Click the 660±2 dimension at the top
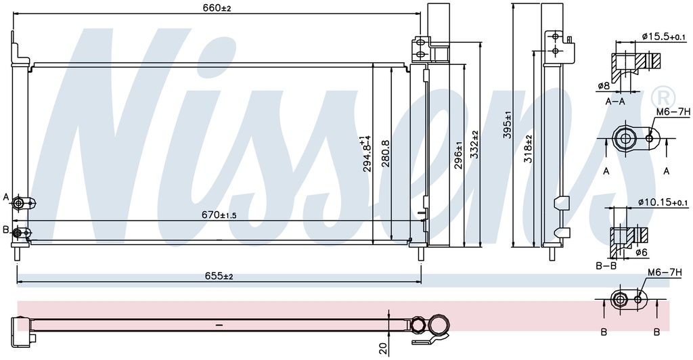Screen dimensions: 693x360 tap(217, 7)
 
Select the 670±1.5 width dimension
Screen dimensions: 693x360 tap(219, 215)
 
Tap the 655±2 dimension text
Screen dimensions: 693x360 tap(219, 276)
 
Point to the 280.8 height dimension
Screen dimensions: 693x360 tap(385, 155)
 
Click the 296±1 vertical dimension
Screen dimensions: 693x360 tap(459, 154)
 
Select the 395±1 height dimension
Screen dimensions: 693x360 tap(508, 125)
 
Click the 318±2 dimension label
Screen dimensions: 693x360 tap(528, 148)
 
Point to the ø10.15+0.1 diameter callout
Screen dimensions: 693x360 tap(663, 202)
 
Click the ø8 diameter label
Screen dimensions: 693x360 tap(604, 86)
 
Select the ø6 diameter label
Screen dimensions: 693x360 tap(642, 252)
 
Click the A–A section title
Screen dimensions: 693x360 tap(615, 102)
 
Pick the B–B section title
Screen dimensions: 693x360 tap(606, 266)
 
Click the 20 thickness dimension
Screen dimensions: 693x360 tap(383, 348)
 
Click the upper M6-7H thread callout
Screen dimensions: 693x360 tap(673, 112)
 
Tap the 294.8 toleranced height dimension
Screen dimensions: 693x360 tap(365, 154)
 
